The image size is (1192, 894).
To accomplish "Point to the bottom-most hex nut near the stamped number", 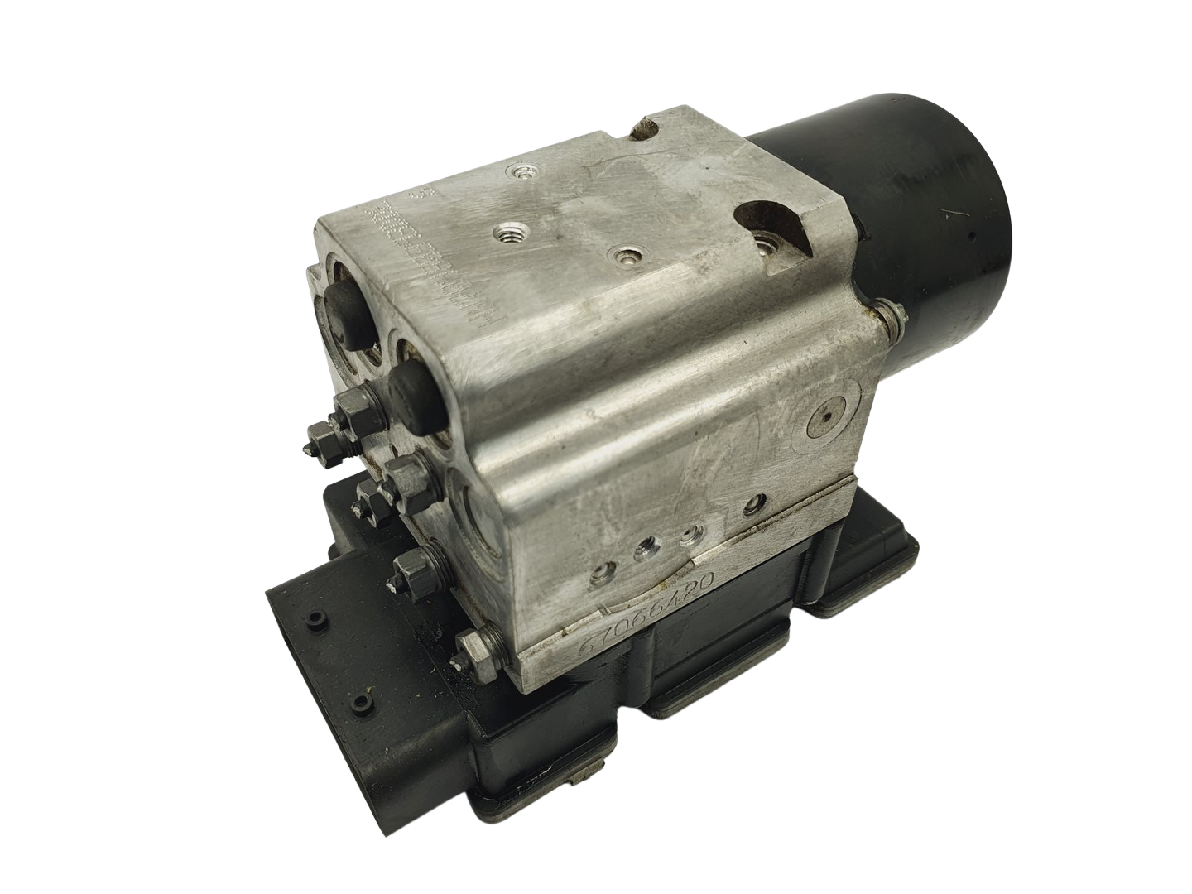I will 475,643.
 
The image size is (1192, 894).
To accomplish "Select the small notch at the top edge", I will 644,131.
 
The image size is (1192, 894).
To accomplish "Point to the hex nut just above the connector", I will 406,567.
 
